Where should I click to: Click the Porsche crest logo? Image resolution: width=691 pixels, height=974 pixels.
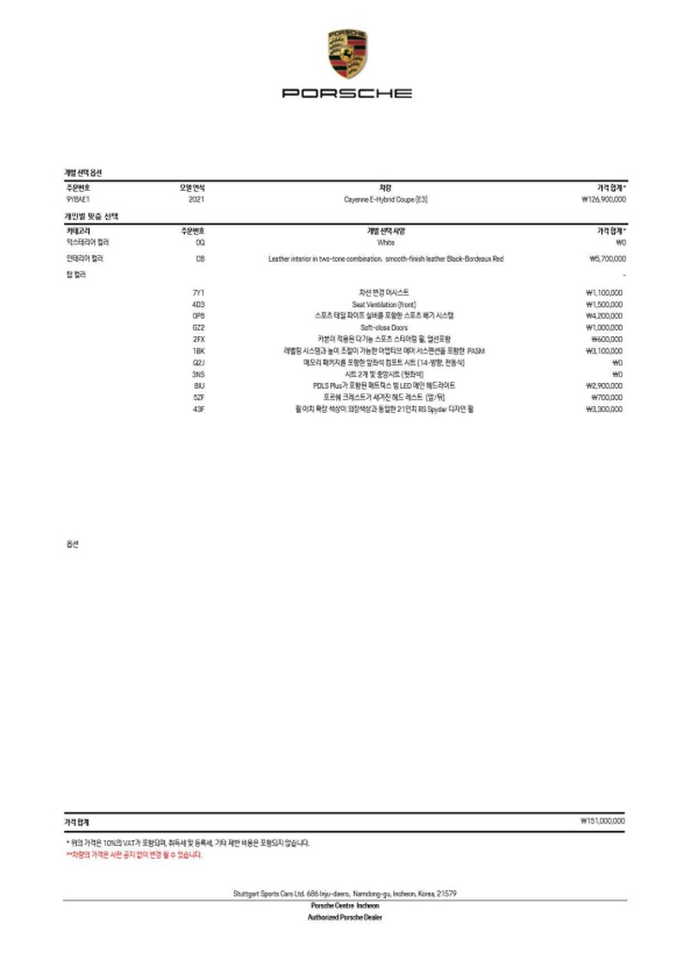point(347,53)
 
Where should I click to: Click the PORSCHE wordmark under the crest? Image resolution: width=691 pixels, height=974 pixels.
point(347,92)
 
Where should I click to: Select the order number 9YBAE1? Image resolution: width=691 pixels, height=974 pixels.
point(78,200)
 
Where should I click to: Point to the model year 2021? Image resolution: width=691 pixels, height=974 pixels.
point(196,200)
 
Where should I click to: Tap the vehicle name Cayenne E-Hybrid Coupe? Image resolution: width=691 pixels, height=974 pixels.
point(385,200)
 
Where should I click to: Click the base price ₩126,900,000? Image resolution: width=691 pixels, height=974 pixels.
point(604,200)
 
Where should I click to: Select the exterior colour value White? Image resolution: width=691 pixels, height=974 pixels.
point(385,244)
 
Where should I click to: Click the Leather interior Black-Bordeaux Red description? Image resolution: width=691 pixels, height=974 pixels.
point(385,258)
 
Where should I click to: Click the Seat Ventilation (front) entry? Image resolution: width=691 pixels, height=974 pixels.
point(385,305)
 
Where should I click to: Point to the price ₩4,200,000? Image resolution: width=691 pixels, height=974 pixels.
point(605,316)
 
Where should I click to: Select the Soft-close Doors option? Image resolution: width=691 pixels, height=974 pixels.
point(385,328)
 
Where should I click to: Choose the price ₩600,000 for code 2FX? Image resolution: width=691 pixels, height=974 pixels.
point(607,340)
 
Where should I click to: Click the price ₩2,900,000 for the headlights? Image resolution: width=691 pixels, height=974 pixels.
point(605,385)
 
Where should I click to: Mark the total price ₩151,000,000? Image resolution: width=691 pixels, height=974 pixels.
point(603,821)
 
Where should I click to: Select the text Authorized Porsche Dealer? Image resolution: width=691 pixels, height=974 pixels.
point(345,917)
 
